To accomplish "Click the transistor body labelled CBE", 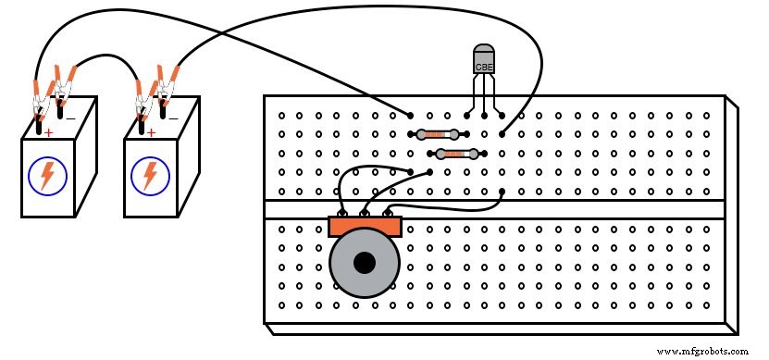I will (x=484, y=60).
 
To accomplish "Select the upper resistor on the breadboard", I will (x=434, y=134).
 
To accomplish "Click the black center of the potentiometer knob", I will (x=365, y=262).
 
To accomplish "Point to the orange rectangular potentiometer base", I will (x=365, y=226).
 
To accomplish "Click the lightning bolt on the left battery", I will (x=46, y=176).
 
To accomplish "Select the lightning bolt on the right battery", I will (x=148, y=176).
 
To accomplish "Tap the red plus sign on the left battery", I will (x=48, y=133).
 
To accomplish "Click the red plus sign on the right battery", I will (x=150, y=133).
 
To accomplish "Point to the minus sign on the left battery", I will (x=70, y=118).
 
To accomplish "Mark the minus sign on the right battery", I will (x=172, y=118).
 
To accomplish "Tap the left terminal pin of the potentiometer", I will (x=344, y=215).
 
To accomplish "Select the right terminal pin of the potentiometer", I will (x=385, y=215).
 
